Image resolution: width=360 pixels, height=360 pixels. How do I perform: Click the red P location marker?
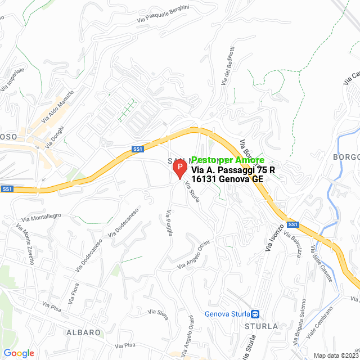tap(179, 169)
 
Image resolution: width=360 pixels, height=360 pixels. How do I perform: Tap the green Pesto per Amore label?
tap(228, 160)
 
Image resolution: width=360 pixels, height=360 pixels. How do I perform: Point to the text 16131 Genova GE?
tap(227, 179)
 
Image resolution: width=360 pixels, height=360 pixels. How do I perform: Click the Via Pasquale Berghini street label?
tap(163, 16)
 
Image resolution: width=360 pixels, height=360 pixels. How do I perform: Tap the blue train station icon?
tap(255, 314)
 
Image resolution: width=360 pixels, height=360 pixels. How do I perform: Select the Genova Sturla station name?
tap(227, 314)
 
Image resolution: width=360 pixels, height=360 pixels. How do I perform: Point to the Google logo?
tap(19, 353)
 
